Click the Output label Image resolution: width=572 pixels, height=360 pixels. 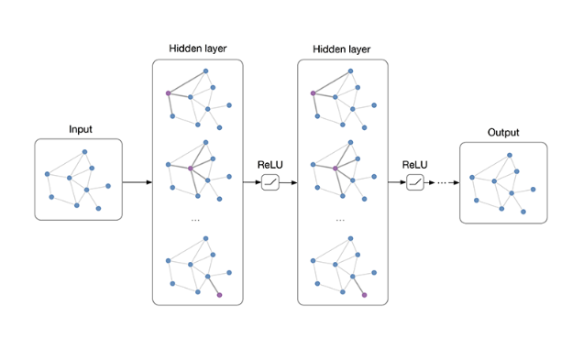pyautogui.click(x=502, y=133)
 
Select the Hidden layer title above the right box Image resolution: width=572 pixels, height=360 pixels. pyautogui.click(x=342, y=49)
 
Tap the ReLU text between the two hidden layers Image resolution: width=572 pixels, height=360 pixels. pyautogui.click(x=269, y=164)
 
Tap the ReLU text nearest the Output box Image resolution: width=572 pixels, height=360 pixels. pyautogui.click(x=415, y=164)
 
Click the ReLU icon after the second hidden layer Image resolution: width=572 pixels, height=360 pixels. pyautogui.click(x=415, y=182)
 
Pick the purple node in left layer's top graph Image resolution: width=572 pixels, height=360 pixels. pyautogui.click(x=168, y=93)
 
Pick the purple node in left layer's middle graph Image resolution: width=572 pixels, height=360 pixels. pyautogui.click(x=190, y=169)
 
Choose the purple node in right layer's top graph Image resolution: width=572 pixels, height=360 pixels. pyautogui.click(x=313, y=93)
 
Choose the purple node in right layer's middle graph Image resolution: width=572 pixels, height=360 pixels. pyautogui.click(x=335, y=169)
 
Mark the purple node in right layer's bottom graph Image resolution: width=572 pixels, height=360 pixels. pyautogui.click(x=364, y=295)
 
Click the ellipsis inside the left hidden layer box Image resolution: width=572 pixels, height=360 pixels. pyautogui.click(x=195, y=220)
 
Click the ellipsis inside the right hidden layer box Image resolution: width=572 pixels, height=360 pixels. pyautogui.click(x=341, y=220)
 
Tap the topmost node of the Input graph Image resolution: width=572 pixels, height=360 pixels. pyautogui.click(x=84, y=151)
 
